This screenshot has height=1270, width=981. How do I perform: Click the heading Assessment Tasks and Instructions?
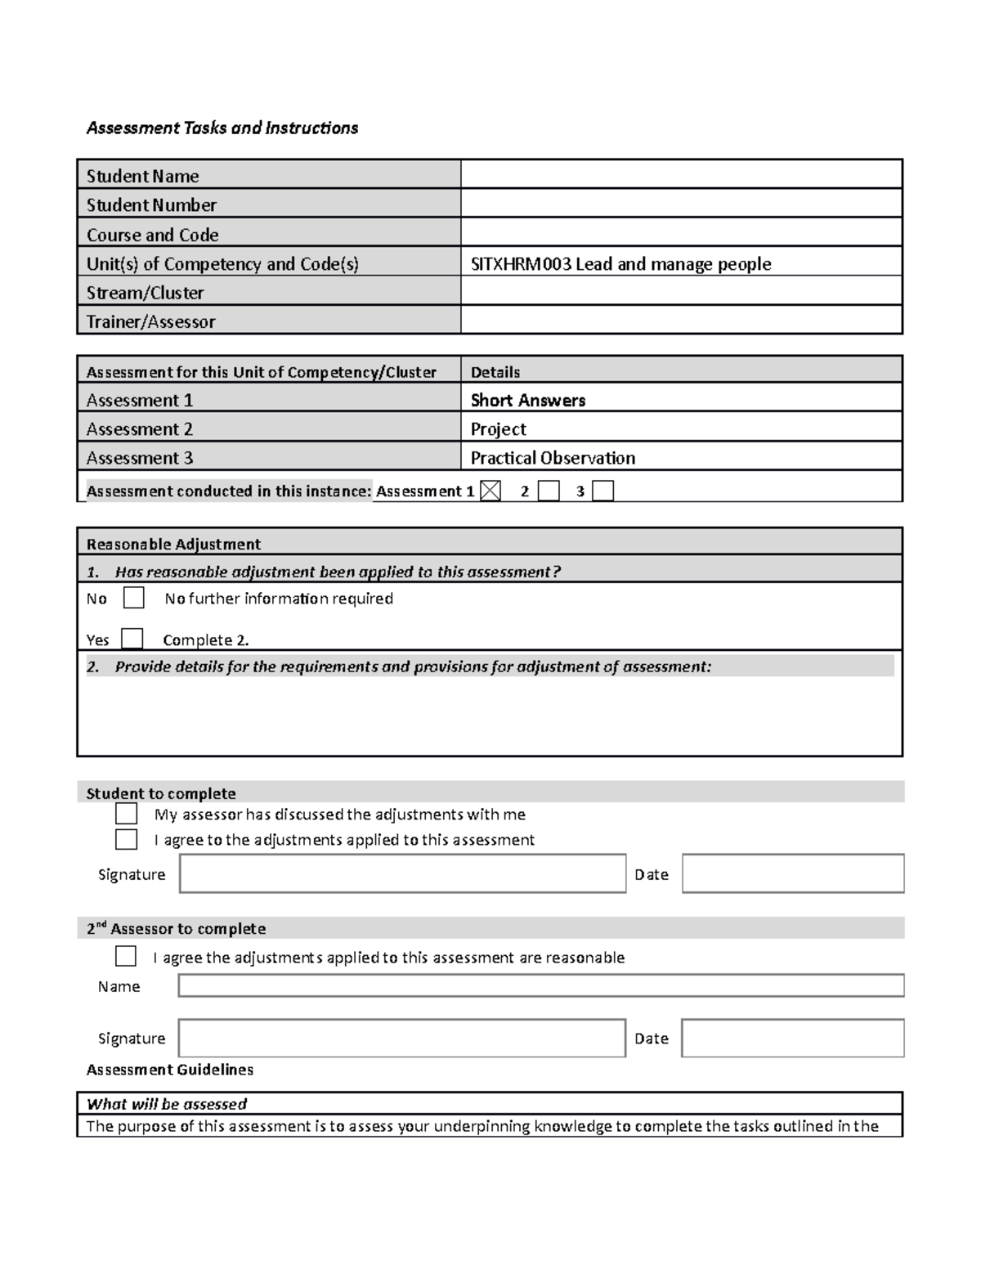coord(222,128)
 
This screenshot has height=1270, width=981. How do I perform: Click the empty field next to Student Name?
coord(681,175)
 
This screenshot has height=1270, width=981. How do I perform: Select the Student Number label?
coord(151,205)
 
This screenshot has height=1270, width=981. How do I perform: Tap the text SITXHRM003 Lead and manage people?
coord(620,263)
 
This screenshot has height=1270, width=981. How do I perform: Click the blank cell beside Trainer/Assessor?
coord(681,321)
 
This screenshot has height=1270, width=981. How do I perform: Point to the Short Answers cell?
coord(528,400)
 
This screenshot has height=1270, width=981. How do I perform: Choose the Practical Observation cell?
coord(553,458)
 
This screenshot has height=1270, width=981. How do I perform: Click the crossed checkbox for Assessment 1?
coord(490,491)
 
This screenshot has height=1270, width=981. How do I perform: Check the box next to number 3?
coord(602,491)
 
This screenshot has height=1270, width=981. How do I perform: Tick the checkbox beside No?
coord(133,598)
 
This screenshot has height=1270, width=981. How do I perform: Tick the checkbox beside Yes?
coord(132,639)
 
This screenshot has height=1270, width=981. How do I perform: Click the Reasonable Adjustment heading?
coord(173,544)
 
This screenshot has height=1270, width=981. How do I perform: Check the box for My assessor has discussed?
coord(126,814)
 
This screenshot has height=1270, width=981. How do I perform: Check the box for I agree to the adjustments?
coord(126,839)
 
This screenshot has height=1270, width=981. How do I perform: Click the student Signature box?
coord(402,873)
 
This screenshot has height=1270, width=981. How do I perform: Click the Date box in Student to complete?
coord(792,873)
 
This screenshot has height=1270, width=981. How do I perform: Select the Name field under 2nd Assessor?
coord(540,985)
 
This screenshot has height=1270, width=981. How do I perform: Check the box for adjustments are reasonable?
coord(126,956)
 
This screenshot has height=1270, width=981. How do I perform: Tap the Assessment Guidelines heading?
coord(170,1070)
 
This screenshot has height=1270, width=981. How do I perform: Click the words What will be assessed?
coord(167,1104)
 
